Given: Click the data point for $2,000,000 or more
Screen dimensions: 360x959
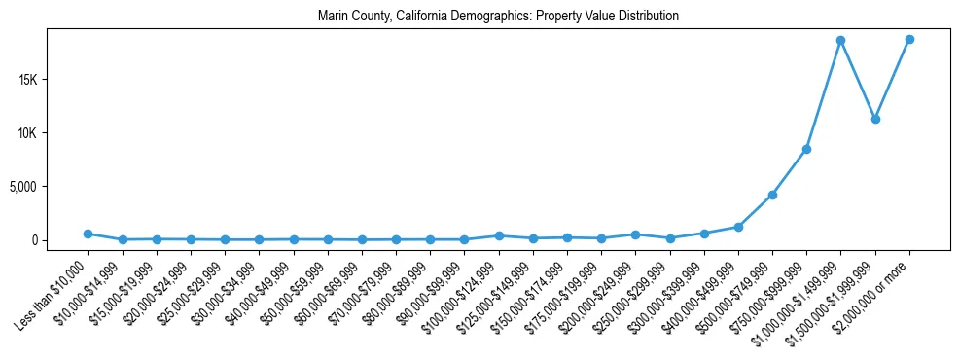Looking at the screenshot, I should coord(909,39).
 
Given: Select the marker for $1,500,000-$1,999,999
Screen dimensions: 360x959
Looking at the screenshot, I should coord(875,119).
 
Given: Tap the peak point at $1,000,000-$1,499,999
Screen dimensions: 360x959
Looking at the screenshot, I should coord(840,40).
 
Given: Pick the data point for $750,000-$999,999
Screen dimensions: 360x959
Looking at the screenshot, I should coord(806,149).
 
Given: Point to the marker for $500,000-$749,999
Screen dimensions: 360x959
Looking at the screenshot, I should coord(772,195).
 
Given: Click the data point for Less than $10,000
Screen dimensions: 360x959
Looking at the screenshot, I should coord(88,234).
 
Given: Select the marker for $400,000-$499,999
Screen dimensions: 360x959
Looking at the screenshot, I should coord(738,227).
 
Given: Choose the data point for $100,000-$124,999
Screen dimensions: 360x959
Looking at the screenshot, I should coord(499,235).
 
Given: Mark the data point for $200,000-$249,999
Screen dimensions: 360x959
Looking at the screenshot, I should coord(635,234).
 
